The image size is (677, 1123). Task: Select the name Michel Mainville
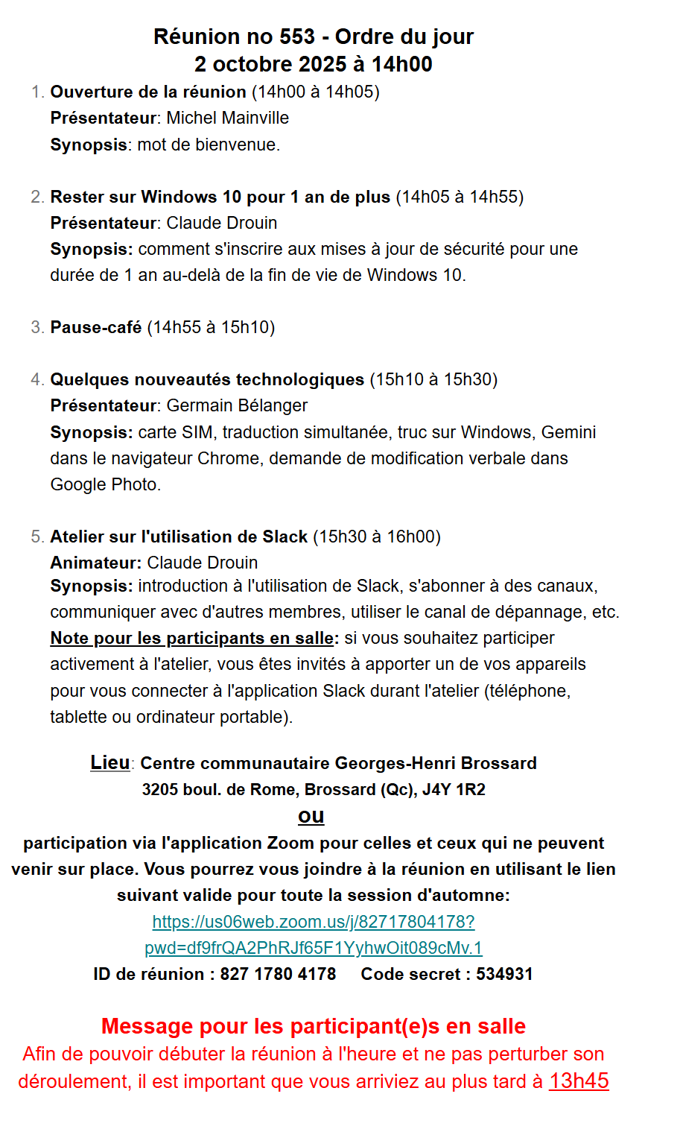[x=227, y=118]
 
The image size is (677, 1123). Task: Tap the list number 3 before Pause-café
[x=37, y=327]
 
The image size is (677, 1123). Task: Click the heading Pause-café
[x=95, y=327]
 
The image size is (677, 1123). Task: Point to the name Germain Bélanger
[x=237, y=405]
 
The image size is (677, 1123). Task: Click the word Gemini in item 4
[x=568, y=432]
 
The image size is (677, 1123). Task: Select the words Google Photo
[x=104, y=484]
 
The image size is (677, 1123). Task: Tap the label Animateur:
[x=95, y=563]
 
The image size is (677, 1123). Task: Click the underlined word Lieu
[x=110, y=762]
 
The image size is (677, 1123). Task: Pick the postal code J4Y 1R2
[x=454, y=789]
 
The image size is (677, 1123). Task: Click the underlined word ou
[x=311, y=816]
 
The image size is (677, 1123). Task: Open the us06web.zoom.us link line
[x=314, y=922]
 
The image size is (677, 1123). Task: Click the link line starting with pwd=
[x=314, y=948]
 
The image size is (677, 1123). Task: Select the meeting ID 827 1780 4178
[x=278, y=974]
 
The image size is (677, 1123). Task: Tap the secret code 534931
[x=504, y=974]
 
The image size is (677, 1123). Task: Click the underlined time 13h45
[x=579, y=1081]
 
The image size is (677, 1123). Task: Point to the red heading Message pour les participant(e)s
[x=314, y=1026]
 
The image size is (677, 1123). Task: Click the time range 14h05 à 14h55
[x=459, y=197]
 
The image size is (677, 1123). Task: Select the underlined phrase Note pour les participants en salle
[x=192, y=638]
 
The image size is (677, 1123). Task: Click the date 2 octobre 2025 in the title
[x=272, y=64]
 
